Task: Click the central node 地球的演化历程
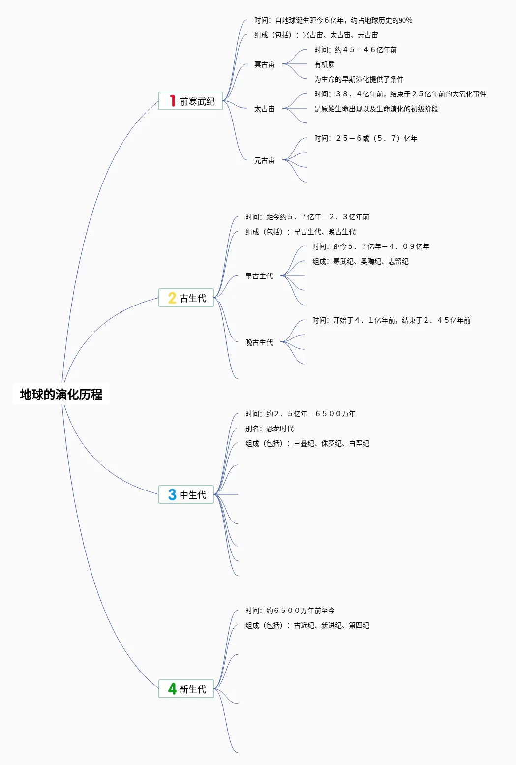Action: (x=61, y=394)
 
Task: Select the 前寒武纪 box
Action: (x=191, y=101)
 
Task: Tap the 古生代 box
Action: (x=186, y=298)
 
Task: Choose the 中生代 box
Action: (x=186, y=494)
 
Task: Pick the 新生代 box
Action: (x=186, y=689)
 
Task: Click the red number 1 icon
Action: (x=172, y=101)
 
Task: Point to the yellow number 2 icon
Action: (x=172, y=298)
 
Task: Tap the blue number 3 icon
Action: (x=172, y=494)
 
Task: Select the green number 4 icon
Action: (x=172, y=689)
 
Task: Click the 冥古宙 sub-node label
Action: (x=265, y=64)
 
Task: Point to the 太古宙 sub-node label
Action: (x=265, y=109)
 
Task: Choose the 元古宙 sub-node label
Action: (x=265, y=160)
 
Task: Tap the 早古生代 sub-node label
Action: (x=259, y=276)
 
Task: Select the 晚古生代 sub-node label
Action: (x=259, y=342)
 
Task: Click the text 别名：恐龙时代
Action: (x=270, y=428)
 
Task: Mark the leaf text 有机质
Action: (x=325, y=64)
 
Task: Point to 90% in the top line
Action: (x=406, y=20)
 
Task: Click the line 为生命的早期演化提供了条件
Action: (x=359, y=79)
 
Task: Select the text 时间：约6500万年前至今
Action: (x=290, y=611)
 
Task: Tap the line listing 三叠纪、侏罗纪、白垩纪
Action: (x=307, y=443)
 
